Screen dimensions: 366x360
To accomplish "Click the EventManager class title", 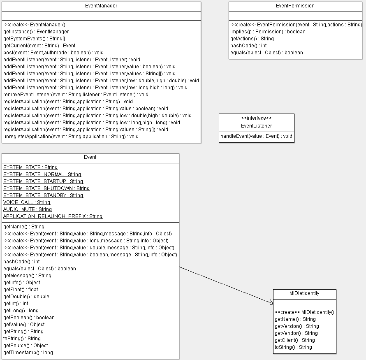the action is [x=101, y=6].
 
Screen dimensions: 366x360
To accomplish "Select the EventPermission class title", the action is [x=295, y=6].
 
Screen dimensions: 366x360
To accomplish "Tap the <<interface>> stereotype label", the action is [x=256, y=118].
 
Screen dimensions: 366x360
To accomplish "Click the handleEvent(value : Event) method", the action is [x=256, y=136].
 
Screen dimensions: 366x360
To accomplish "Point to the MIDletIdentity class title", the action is [x=304, y=293].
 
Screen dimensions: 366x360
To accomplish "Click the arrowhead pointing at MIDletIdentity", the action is [x=272, y=303].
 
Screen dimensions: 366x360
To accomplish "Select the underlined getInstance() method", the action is [x=36, y=32].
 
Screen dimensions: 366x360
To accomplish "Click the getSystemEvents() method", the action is [x=34, y=39].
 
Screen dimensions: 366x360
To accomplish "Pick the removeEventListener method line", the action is [x=76, y=95].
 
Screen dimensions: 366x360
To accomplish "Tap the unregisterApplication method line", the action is [x=71, y=137].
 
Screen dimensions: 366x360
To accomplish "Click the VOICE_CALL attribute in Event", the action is [x=27, y=202].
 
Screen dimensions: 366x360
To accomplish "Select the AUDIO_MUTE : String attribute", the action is [x=28, y=209].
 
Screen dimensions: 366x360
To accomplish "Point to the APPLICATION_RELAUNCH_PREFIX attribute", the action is [x=53, y=216].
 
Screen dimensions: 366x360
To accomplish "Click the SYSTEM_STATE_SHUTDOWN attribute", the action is [x=47, y=188].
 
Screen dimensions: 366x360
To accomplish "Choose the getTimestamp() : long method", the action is [x=28, y=353].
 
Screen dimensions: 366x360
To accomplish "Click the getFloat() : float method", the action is [x=21, y=290].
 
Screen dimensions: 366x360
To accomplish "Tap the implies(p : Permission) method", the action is [x=268, y=32].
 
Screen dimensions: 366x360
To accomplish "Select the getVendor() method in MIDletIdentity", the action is [x=296, y=333].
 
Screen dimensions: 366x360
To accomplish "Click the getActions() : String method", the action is [x=252, y=39].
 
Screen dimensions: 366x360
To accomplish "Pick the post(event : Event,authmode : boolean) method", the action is [x=53, y=53].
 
